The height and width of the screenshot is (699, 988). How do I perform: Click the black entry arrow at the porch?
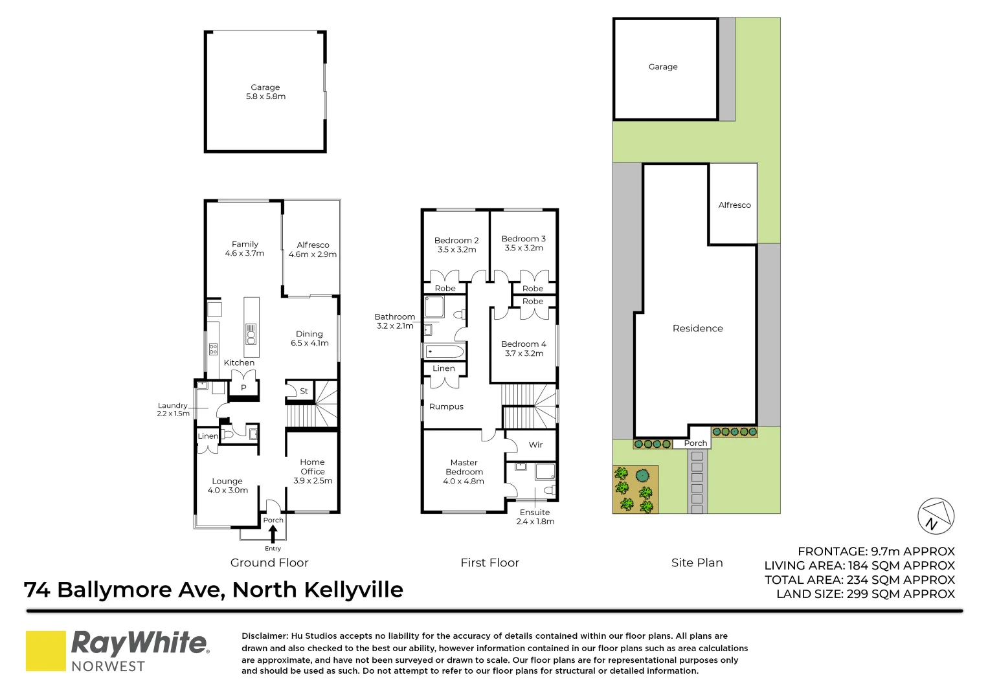(x=273, y=534)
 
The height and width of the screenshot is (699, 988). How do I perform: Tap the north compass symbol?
(x=936, y=516)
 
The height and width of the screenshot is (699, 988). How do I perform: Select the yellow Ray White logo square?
(x=45, y=650)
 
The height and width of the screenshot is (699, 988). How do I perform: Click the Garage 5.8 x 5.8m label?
(x=265, y=92)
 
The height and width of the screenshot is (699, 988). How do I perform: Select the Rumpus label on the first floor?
(x=446, y=407)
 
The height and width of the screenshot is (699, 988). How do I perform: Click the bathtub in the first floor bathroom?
(x=444, y=352)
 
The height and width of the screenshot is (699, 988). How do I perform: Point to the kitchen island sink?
(x=251, y=334)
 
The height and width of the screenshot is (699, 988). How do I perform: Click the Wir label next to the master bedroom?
(x=535, y=445)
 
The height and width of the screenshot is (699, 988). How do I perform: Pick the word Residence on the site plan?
(x=697, y=329)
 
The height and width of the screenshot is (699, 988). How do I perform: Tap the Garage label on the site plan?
(x=663, y=67)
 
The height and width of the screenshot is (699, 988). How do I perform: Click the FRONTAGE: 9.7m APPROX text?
(x=876, y=551)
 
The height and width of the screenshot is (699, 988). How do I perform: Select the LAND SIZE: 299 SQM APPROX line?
(x=866, y=594)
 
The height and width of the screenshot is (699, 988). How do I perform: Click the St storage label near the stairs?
(x=304, y=392)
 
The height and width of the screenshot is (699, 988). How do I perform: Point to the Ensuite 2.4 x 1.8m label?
(x=535, y=516)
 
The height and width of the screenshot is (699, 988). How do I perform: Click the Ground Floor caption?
(x=269, y=563)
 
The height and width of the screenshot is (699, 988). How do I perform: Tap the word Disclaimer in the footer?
(x=264, y=636)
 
